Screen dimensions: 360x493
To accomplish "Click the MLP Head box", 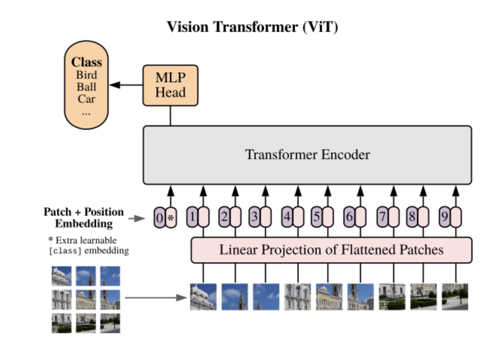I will coord(171,85).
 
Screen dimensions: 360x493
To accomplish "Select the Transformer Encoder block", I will coord(307,155).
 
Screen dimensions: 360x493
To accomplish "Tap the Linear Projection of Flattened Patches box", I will coord(331,250).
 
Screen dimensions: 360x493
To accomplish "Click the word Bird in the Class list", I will coord(86,75).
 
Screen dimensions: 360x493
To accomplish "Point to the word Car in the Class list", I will coord(86,98).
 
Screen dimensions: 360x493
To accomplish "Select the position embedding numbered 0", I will coord(159,218).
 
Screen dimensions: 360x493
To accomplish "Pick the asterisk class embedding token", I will coord(171,218).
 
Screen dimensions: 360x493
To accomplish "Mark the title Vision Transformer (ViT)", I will coord(252,27).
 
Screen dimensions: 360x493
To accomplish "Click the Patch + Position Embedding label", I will coord(83,217).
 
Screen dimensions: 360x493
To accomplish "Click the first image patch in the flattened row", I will coord(203,297).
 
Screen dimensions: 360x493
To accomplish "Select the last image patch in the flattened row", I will coord(455,297).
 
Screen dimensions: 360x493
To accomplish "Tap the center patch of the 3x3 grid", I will coord(86,299).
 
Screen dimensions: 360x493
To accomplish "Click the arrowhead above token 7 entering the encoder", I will coord(394,190).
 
